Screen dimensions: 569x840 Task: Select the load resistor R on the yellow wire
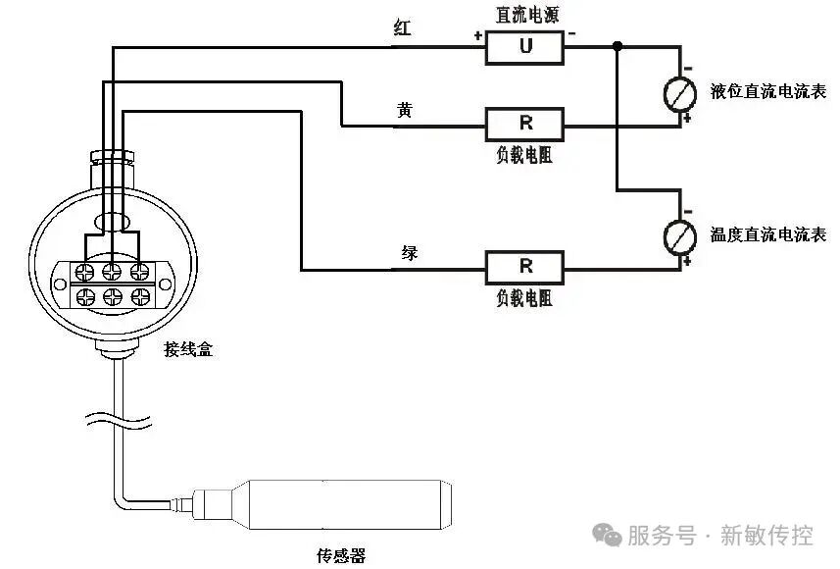524,124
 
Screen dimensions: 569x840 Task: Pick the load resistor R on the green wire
524,266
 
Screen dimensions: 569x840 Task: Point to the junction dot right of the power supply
617,46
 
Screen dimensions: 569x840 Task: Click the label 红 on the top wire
402,28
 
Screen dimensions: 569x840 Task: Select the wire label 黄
405,110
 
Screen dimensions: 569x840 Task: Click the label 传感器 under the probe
341,556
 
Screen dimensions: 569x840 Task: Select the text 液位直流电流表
768,92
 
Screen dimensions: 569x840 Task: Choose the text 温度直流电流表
768,235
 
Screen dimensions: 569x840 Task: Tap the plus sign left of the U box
477,36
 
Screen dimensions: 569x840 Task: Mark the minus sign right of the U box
572,35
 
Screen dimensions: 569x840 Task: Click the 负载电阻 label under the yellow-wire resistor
524,155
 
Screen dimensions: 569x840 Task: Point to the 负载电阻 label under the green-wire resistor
524,297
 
